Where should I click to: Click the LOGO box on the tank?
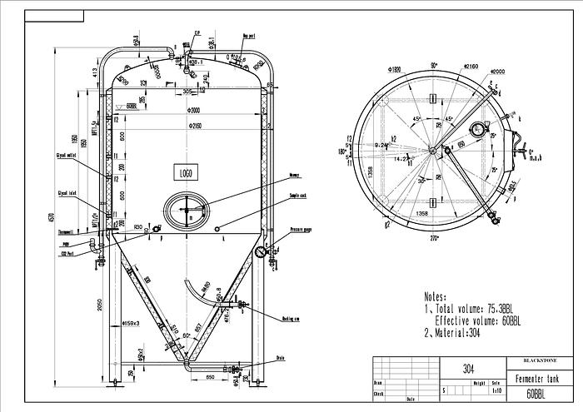click(x=185, y=172)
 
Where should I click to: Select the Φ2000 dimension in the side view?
click(x=194, y=111)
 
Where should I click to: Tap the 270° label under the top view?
click(x=432, y=239)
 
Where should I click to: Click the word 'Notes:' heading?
click(x=435, y=296)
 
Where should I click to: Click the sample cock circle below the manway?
click(x=217, y=230)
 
